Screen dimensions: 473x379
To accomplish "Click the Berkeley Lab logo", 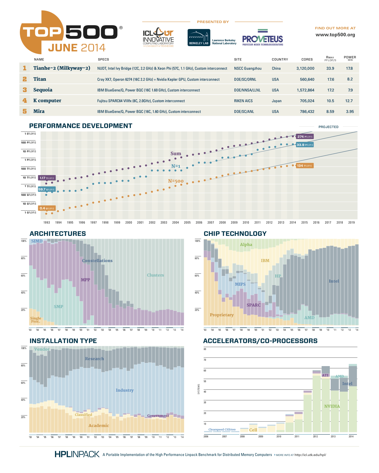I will tap(199, 38).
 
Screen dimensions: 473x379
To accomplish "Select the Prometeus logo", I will tap(262, 38).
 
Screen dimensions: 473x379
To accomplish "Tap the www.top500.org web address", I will tap(335, 35).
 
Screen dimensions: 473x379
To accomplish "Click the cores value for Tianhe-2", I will tap(305, 68).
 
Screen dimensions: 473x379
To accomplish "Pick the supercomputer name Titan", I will tap(40, 79).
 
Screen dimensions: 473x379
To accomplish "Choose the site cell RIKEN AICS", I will tap(243, 101).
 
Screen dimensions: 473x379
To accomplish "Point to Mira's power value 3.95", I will tap(350, 112).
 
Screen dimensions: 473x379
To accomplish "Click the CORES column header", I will tap(307, 59).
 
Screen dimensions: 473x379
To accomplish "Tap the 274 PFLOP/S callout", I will tap(305, 137).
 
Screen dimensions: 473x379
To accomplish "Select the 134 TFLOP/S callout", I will tap(304, 166).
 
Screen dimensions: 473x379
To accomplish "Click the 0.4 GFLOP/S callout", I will tap(47, 208).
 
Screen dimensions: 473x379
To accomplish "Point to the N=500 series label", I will tap(176, 181).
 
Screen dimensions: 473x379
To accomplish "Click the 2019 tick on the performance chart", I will tap(351, 223).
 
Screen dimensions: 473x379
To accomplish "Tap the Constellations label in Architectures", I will tap(97, 260).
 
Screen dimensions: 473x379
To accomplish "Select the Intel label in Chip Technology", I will tap(334, 281).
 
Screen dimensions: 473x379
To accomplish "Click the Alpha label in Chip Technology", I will tap(246, 244).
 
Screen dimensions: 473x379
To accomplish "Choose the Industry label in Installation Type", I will tap(124, 390).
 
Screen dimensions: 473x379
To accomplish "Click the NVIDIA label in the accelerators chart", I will tap(332, 406).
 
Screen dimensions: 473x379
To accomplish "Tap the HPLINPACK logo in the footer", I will tap(77, 454).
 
